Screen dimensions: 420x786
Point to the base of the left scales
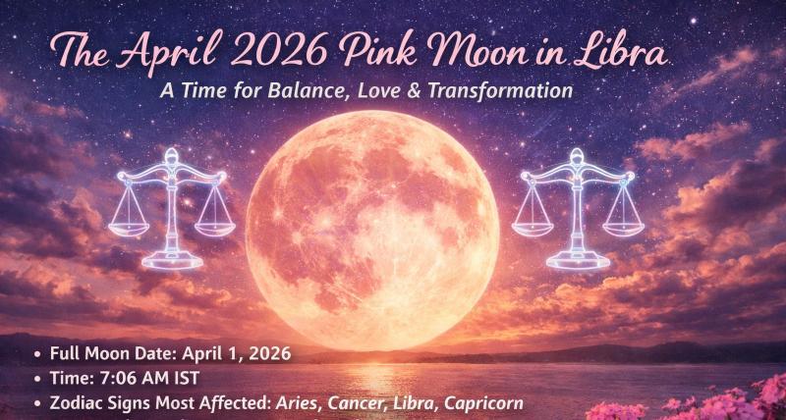pyautogui.click(x=173, y=261)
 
